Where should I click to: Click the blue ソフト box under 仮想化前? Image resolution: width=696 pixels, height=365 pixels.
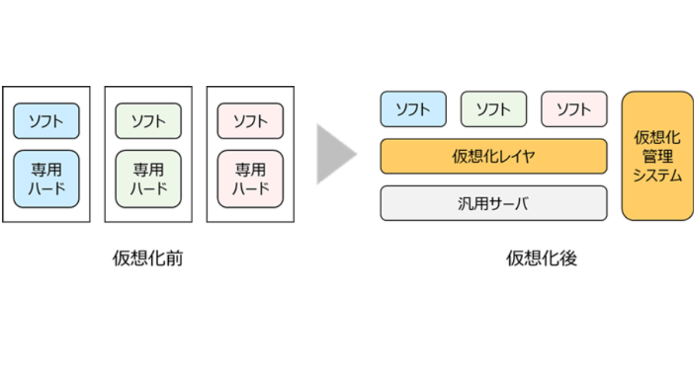coord(46,121)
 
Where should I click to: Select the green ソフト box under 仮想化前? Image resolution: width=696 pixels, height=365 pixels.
coord(148,121)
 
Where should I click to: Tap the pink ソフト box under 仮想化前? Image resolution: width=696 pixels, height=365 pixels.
coord(251,121)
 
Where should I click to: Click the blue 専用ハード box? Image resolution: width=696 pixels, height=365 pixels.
coord(46,179)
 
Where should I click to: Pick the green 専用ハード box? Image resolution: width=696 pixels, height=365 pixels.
coord(148,179)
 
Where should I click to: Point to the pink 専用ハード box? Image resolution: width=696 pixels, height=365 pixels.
coord(251,179)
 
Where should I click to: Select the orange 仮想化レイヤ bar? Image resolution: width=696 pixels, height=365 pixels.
coord(494,156)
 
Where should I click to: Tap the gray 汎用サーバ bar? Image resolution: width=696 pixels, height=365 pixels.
coord(494,203)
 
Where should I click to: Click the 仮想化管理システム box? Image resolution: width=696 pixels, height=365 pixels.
coord(657,156)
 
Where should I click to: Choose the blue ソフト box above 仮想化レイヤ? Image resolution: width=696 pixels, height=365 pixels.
coord(414,109)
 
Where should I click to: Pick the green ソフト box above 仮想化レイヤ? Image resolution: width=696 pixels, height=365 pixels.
coord(494,109)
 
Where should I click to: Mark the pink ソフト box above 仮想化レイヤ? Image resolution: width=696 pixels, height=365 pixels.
coord(574,109)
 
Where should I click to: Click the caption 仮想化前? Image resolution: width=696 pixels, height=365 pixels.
coord(148,258)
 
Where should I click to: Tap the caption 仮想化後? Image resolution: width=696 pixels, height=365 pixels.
coord(542,258)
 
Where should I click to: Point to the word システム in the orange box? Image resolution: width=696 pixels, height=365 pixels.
coord(657,176)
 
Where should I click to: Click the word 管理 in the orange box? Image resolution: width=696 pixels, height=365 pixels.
coord(657,156)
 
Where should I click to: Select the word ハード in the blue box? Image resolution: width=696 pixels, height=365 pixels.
coord(46,188)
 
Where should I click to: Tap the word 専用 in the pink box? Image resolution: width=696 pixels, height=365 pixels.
coord(251,170)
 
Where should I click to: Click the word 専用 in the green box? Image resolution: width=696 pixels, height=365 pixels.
coord(148,170)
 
